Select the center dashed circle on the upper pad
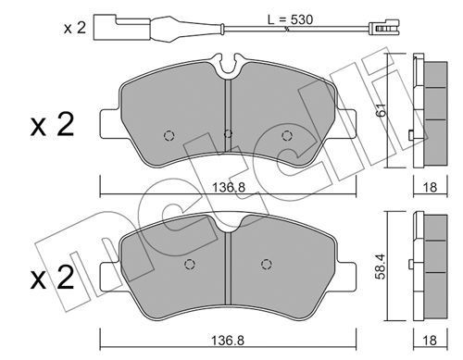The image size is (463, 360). (x=228, y=133)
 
